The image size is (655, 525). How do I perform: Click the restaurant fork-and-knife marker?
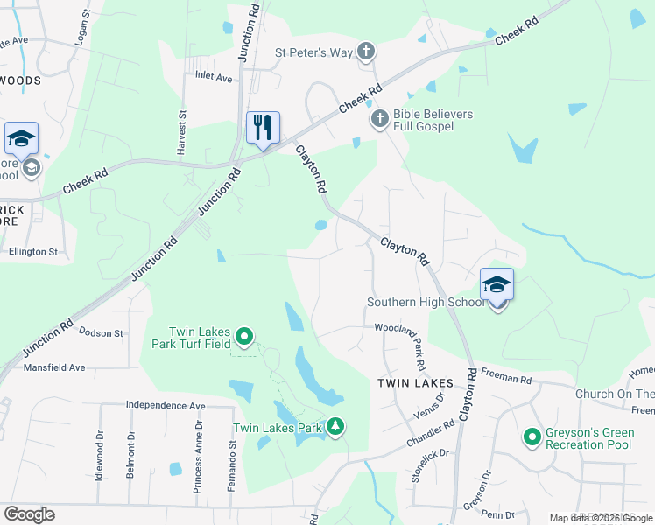tap(263, 127)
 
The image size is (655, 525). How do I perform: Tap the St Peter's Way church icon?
tap(365, 52)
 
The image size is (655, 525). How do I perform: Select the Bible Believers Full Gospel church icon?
tap(379, 119)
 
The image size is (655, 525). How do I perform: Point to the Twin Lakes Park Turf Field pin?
tap(245, 336)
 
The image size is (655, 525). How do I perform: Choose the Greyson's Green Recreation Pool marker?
tap(531, 436)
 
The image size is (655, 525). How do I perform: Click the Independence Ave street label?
tap(165, 406)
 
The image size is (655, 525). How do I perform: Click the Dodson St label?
tap(102, 332)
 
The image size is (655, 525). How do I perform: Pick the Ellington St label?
tap(32, 252)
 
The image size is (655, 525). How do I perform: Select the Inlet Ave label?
tap(214, 78)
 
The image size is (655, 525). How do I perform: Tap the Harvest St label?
tap(182, 131)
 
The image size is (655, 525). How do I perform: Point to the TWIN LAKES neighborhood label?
tap(414, 383)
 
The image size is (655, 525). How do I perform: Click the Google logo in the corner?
tap(29, 514)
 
